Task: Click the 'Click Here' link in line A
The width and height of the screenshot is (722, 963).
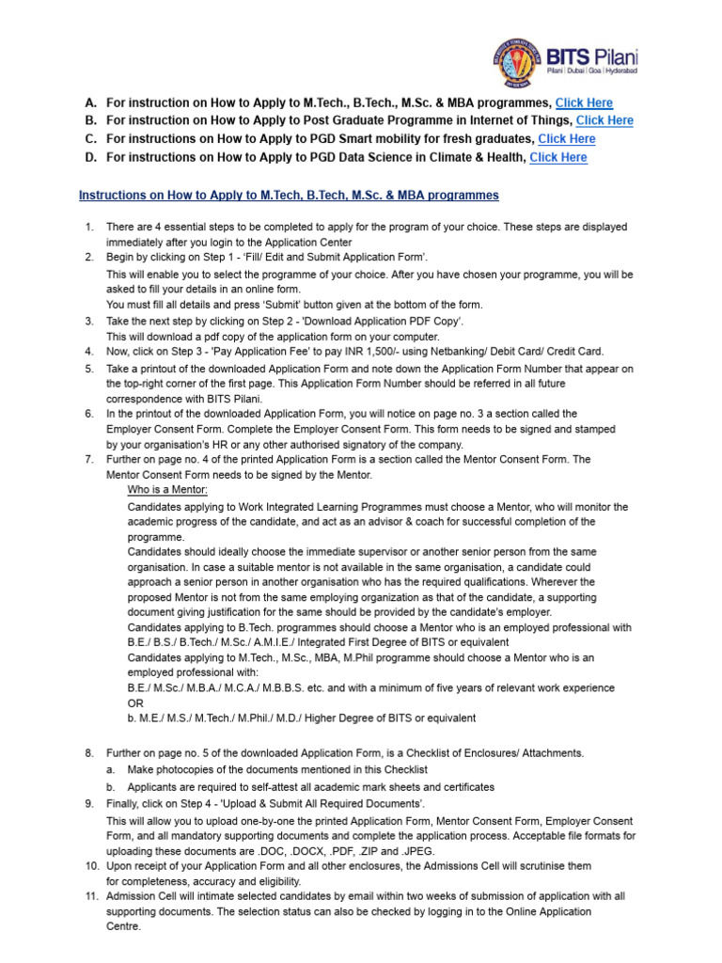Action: pos(584,103)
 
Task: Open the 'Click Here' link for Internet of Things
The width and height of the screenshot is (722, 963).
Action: pos(604,120)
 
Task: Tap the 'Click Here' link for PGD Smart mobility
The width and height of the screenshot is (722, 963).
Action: pos(567,139)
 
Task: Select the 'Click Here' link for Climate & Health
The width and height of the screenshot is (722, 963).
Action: pos(558,158)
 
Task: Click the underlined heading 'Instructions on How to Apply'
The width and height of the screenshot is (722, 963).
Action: pos(289,196)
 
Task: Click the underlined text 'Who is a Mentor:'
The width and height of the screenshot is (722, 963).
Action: pos(167,491)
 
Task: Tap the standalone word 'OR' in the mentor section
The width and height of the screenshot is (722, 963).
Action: pos(136,703)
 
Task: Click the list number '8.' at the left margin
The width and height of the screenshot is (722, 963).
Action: pos(89,753)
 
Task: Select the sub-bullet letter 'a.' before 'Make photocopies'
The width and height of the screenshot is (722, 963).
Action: pos(111,769)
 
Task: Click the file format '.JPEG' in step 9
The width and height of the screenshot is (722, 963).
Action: pos(420,849)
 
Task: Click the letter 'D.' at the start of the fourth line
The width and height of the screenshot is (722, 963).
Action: pos(90,158)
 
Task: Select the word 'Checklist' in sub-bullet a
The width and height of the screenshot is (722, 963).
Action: pos(401,769)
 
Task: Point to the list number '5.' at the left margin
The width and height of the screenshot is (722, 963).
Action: pos(89,369)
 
